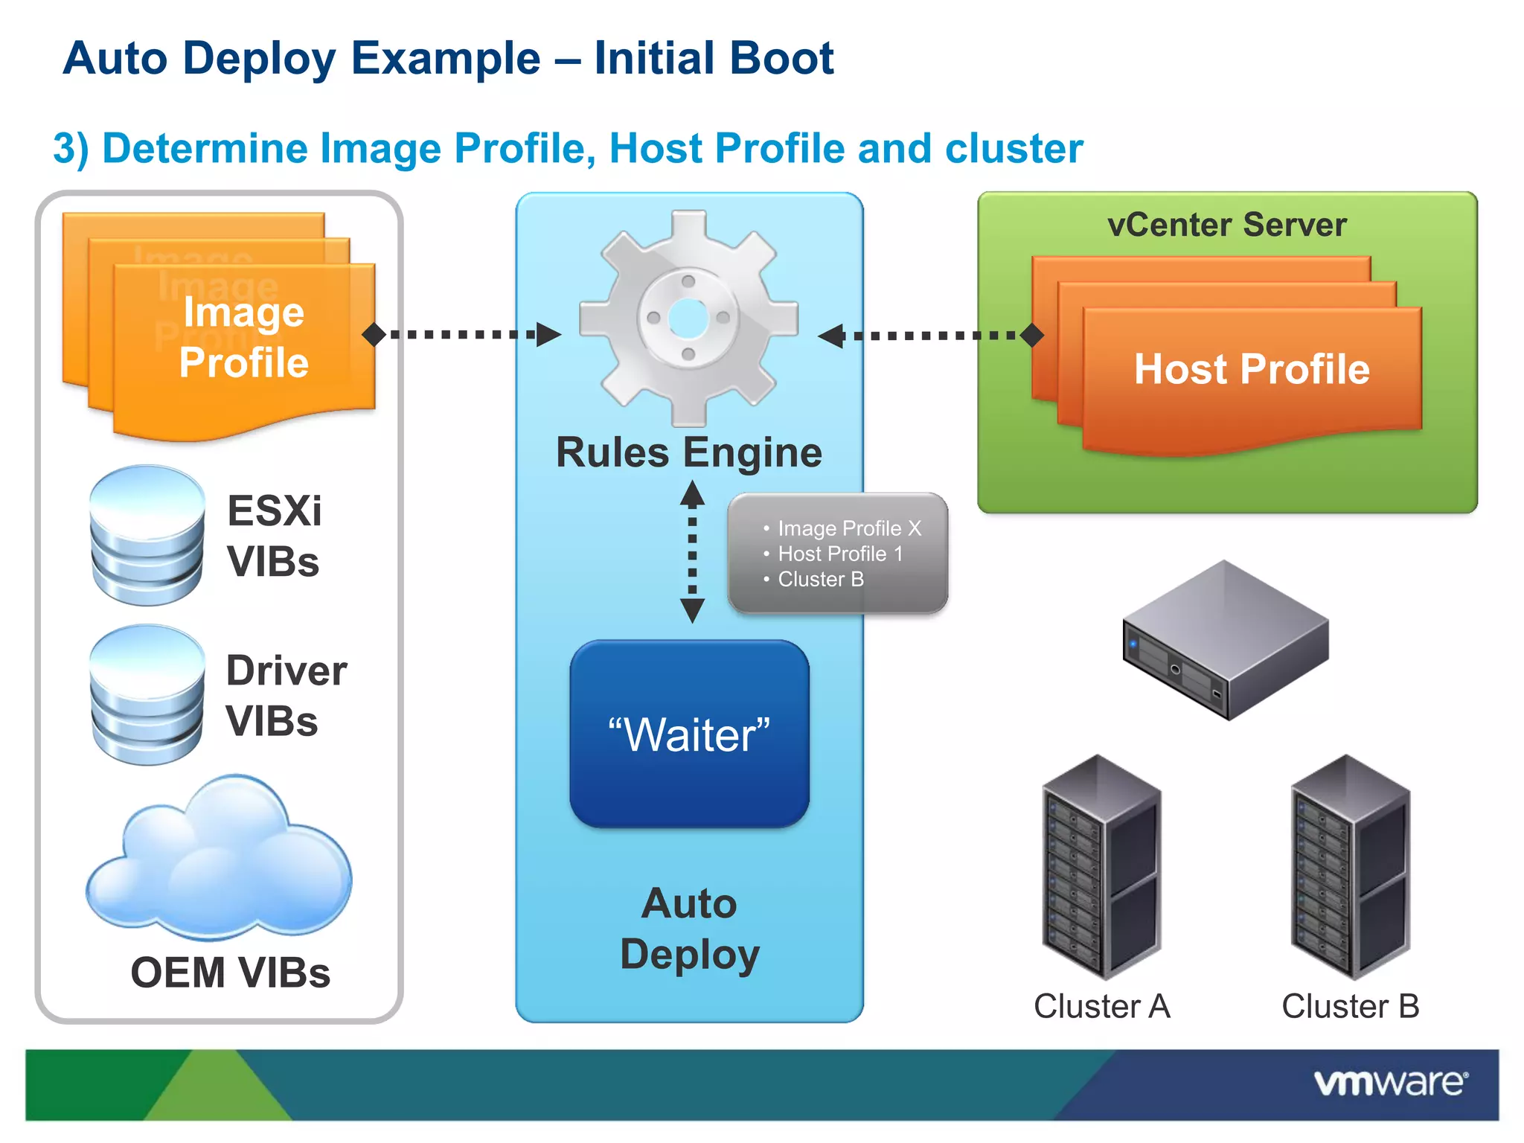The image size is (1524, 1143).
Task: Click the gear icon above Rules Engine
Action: (x=688, y=318)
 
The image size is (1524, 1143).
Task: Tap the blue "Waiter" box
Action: (x=689, y=734)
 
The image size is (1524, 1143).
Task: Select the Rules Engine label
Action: (x=689, y=452)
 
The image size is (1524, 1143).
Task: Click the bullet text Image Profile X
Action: (x=849, y=528)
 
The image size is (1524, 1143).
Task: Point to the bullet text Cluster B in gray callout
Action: (x=821, y=579)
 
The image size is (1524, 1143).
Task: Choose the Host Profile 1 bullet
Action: (x=840, y=554)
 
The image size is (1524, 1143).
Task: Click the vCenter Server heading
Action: (x=1226, y=225)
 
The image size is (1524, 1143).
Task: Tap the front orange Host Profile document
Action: (x=1252, y=370)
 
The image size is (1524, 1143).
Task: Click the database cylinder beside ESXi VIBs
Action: (x=147, y=535)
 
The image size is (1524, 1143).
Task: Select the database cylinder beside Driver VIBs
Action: (x=147, y=694)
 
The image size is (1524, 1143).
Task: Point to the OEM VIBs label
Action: (x=230, y=973)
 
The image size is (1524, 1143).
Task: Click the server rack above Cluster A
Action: (x=1101, y=867)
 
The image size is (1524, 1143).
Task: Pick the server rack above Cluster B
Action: (x=1350, y=867)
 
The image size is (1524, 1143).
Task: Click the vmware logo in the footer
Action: (x=1390, y=1083)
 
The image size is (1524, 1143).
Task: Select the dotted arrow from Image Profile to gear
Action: (x=461, y=335)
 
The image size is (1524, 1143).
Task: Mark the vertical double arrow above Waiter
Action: (x=692, y=551)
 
